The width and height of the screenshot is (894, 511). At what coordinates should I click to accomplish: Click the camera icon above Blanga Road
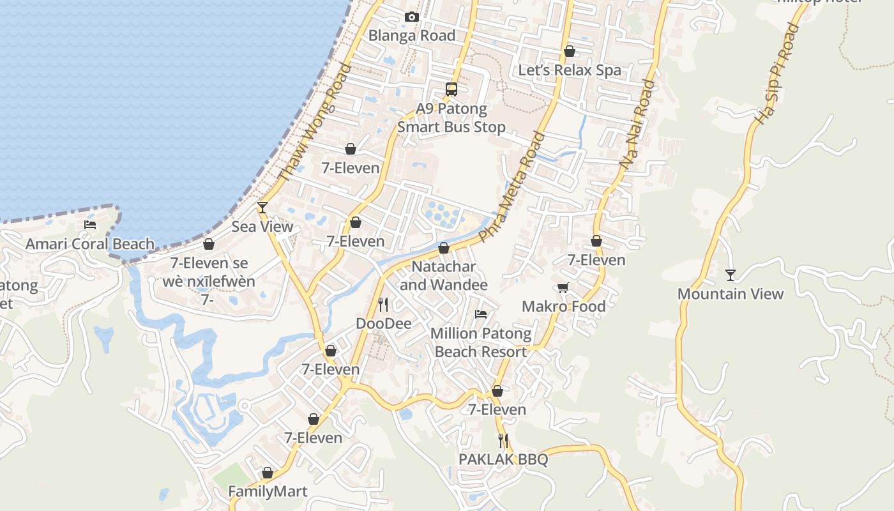click(412, 17)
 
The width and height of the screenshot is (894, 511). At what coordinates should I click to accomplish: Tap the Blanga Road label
click(412, 36)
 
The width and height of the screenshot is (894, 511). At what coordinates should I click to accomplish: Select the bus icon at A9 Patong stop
click(451, 89)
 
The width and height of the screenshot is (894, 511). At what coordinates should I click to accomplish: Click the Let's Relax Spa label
click(570, 70)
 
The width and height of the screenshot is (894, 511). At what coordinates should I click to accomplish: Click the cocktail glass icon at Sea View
click(262, 208)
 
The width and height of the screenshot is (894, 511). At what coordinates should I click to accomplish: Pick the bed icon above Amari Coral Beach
click(90, 225)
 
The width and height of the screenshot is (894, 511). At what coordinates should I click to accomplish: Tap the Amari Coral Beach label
click(90, 244)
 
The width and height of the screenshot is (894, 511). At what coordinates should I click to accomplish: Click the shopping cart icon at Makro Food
click(563, 288)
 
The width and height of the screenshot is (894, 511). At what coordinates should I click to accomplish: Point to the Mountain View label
click(730, 294)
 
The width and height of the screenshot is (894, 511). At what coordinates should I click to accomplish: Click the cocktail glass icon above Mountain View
click(731, 275)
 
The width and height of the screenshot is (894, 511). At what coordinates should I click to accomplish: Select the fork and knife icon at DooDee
click(383, 304)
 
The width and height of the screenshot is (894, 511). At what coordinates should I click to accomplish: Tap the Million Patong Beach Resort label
click(480, 342)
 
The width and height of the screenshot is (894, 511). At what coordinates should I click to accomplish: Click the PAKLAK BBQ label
click(503, 460)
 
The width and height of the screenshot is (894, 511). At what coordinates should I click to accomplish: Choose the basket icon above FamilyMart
click(268, 473)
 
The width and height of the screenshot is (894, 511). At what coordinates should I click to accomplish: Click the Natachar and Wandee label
click(444, 275)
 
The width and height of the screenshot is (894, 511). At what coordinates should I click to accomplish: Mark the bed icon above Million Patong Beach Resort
click(481, 314)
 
